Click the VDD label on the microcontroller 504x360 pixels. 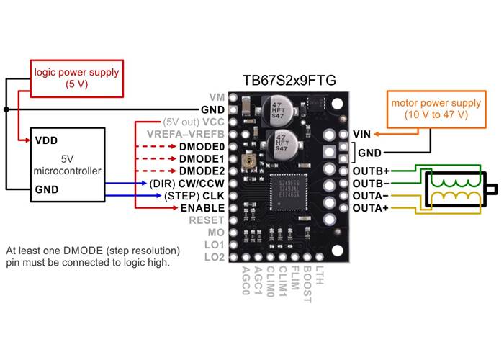point(47,140)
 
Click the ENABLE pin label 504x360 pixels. point(203,207)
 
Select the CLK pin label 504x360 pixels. point(213,195)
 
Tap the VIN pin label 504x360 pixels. point(362,134)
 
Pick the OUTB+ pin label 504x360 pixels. point(371,171)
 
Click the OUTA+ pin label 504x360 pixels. point(371,208)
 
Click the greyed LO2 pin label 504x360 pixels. point(215,257)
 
